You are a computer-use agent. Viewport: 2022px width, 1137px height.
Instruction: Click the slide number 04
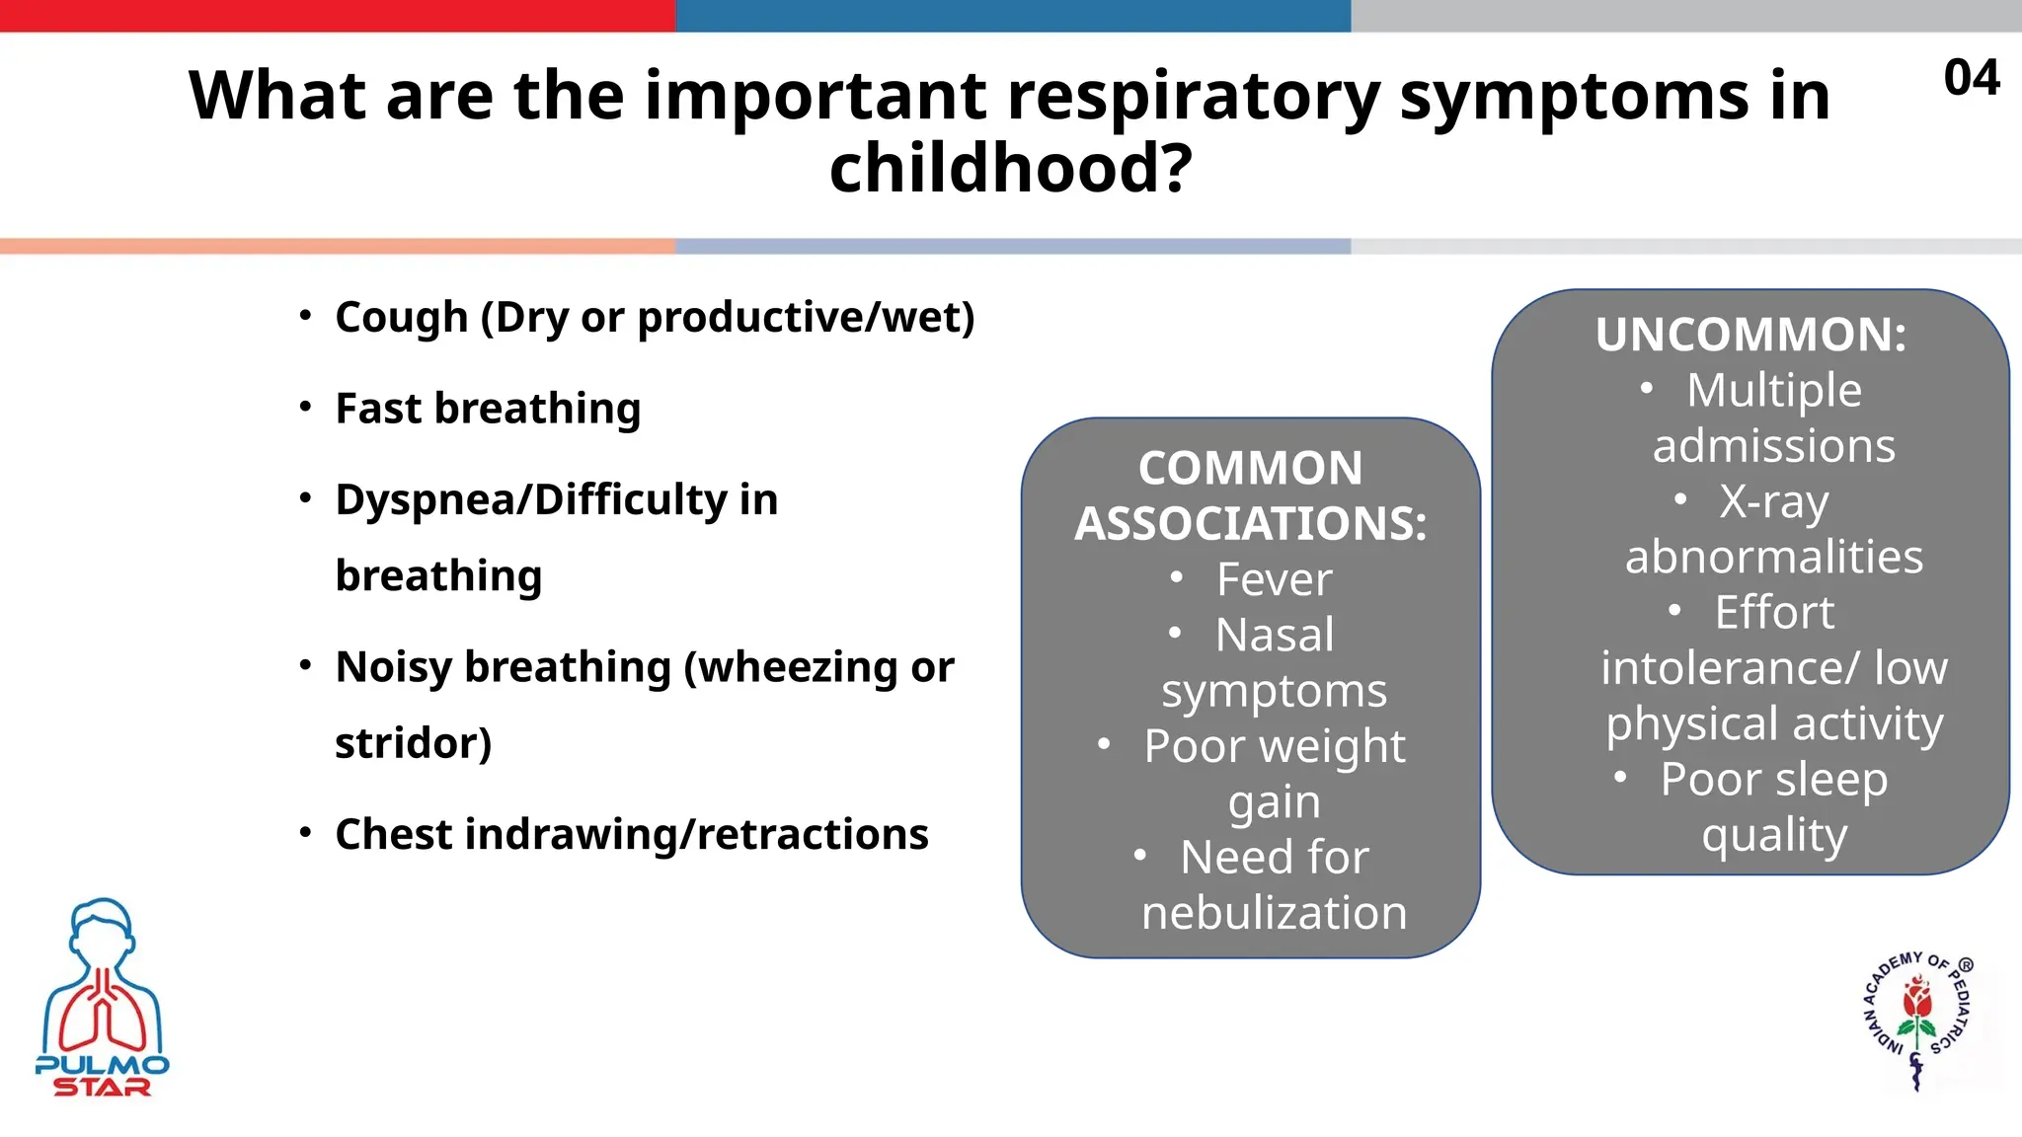click(x=1971, y=78)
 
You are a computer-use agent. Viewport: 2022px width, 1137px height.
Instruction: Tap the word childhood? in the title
click(x=1010, y=168)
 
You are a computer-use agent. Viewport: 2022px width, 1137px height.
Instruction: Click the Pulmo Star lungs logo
click(x=102, y=997)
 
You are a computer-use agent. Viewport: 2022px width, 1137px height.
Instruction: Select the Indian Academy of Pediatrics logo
click(x=1917, y=1022)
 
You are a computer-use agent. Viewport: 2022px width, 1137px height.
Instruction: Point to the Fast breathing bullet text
click(x=488, y=409)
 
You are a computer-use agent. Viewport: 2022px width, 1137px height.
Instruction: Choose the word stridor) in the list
click(x=413, y=743)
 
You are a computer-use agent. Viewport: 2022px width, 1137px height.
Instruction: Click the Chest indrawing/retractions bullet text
click(x=632, y=835)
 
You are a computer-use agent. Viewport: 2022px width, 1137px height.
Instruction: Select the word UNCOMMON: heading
click(x=1750, y=335)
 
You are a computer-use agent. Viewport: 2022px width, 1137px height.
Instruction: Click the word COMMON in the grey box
click(x=1250, y=468)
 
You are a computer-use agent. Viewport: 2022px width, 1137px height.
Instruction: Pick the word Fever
click(x=1274, y=579)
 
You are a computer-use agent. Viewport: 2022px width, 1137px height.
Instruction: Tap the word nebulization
click(x=1274, y=913)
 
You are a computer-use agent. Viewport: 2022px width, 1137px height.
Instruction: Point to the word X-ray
click(x=1773, y=501)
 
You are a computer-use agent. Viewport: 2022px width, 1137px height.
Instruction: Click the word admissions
click(x=1773, y=446)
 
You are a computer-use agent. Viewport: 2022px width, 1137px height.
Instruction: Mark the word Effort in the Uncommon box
click(x=1773, y=613)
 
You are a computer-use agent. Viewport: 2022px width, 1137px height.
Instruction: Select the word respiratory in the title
click(x=1193, y=96)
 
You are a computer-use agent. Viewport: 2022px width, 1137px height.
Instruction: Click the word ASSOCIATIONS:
click(x=1250, y=524)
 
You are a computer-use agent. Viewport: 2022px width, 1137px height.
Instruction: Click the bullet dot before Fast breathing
click(x=306, y=407)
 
